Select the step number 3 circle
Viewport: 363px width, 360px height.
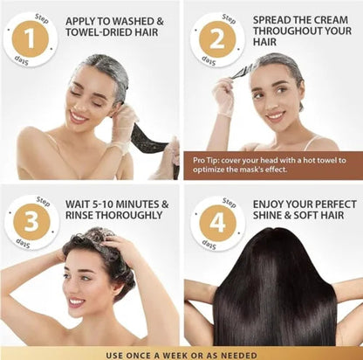(x=31, y=222)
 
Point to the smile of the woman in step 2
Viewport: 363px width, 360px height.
(x=276, y=116)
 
